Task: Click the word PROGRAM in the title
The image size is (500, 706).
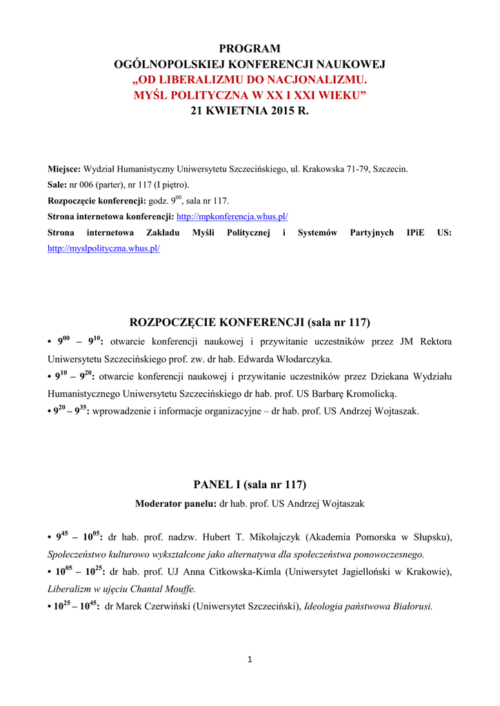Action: point(250,48)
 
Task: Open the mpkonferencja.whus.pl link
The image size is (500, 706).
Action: point(232,216)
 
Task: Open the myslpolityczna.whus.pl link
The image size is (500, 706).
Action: point(103,248)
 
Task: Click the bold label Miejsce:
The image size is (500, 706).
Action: point(64,168)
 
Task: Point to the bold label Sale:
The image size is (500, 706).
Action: point(57,184)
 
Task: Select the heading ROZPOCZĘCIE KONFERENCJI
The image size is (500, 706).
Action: point(217,322)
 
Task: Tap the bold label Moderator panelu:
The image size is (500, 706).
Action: point(175,503)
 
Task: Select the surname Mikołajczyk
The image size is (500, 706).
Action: point(266,536)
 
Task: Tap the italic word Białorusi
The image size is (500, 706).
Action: point(410,607)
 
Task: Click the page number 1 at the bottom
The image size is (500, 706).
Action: point(250,659)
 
